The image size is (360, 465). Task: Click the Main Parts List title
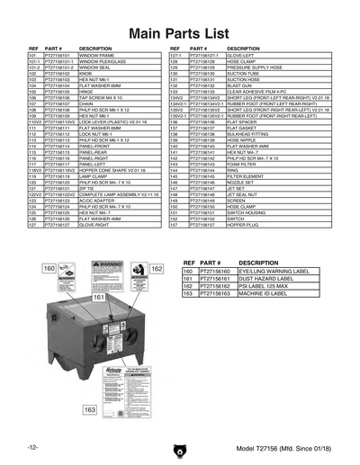[180, 33]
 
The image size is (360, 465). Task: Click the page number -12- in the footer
[32, 448]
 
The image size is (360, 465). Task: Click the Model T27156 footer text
[283, 448]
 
